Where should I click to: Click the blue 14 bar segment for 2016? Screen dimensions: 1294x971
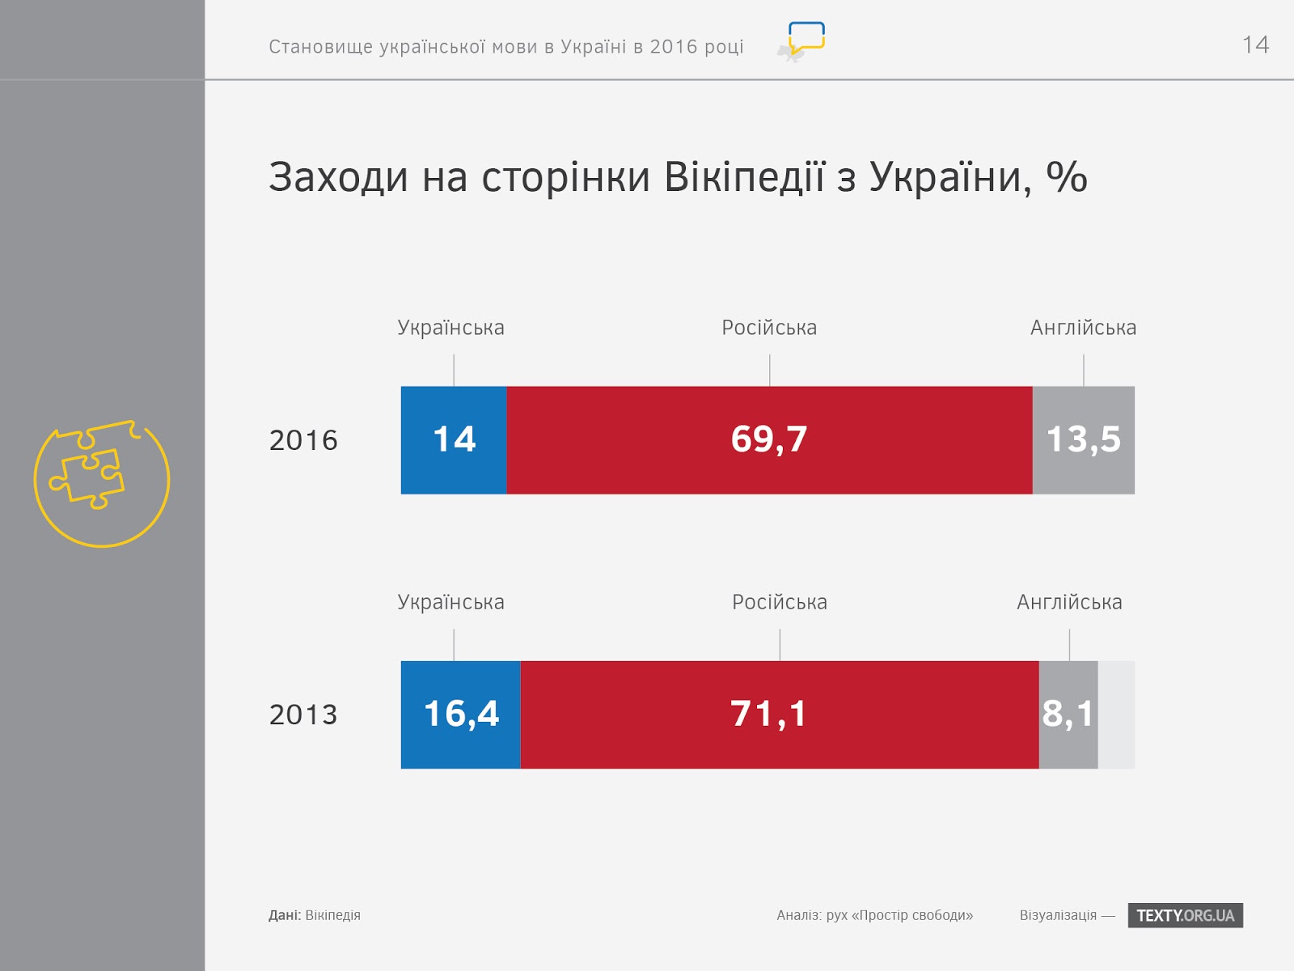454,440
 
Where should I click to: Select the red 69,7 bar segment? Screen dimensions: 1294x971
769,440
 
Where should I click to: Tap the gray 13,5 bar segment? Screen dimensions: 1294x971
1084,440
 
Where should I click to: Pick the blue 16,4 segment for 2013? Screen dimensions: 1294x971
460,714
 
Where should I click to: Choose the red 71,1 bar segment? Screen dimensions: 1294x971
780,714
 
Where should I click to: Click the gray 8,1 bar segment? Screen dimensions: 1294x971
1068,714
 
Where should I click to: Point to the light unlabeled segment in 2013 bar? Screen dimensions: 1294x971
1117,714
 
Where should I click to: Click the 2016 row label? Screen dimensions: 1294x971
303,440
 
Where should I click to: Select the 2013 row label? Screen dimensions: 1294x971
303,714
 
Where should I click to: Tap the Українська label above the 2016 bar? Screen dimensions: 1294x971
450,327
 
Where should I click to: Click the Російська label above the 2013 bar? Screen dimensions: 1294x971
780,602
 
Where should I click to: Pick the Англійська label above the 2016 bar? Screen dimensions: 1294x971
1083,327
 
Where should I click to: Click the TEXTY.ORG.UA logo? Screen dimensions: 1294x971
1186,915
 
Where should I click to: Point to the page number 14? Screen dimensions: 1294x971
1255,45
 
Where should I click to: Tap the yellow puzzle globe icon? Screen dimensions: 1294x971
102,483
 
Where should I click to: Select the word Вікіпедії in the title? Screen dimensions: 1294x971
744,177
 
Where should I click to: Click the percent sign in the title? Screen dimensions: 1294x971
1067,176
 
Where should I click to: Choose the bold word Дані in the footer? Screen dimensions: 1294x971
285,915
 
